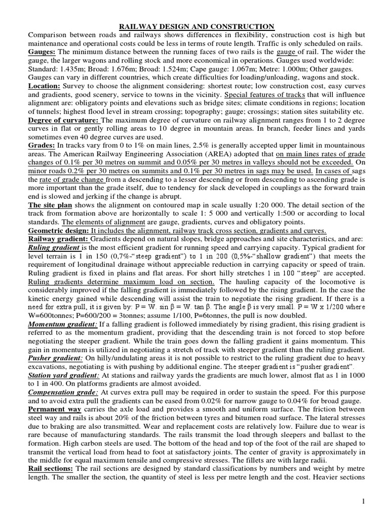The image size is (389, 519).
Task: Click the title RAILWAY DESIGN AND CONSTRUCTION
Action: point(196,26)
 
